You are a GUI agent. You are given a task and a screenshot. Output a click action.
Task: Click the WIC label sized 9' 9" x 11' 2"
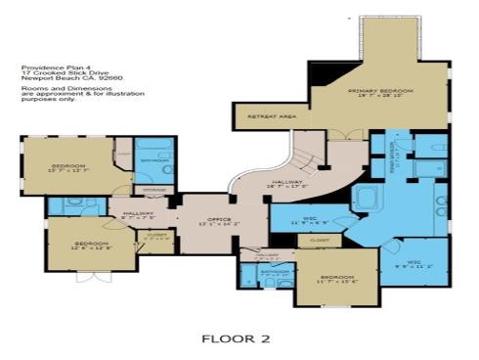click(x=414, y=263)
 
